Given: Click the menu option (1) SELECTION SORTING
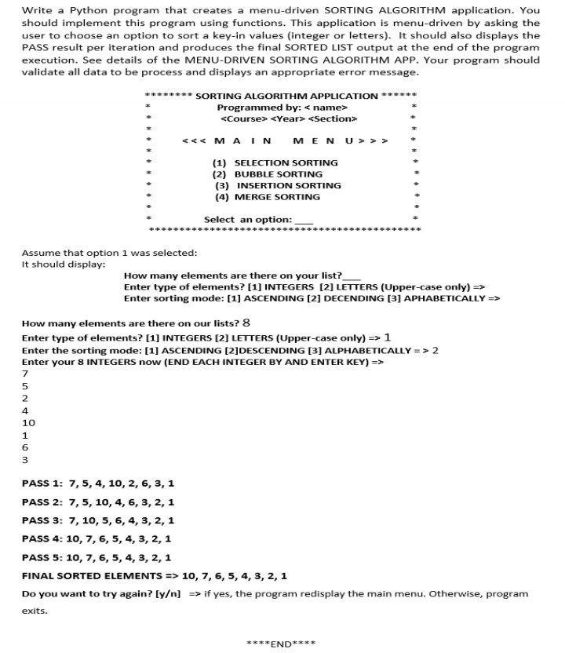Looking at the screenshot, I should point(275,162).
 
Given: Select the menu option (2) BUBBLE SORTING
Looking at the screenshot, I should point(268,174).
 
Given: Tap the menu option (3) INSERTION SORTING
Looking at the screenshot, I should point(278,185).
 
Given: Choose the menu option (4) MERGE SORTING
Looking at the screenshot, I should point(268,197).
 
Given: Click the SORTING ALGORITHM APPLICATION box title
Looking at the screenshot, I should point(286,96).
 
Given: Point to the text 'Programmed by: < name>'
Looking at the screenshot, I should point(282,108).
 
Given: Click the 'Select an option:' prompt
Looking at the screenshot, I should point(247,220).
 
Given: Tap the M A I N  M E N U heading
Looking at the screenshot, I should point(285,141).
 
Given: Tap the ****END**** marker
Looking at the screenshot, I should point(281,644).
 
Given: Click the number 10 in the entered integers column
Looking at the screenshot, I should point(28,422).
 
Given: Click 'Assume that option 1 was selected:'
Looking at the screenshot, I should point(98,253).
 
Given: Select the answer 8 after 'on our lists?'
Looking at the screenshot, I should point(246,323).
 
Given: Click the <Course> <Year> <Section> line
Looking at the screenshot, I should point(289,119).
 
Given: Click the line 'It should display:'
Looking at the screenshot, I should point(63,264).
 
